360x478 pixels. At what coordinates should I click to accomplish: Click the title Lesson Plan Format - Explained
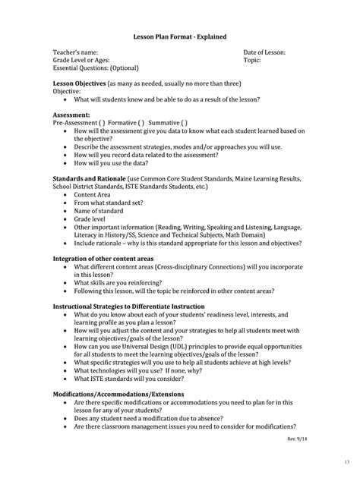(179, 36)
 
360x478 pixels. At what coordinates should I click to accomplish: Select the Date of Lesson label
(264, 52)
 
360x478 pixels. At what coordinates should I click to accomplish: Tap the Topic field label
(252, 59)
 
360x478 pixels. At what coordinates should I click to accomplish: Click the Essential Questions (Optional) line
(96, 68)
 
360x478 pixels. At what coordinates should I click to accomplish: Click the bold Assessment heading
(71, 114)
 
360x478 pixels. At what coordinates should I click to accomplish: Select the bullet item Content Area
(92, 194)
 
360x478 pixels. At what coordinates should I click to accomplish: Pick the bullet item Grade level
(90, 219)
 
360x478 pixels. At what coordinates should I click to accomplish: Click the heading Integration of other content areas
(108, 258)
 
